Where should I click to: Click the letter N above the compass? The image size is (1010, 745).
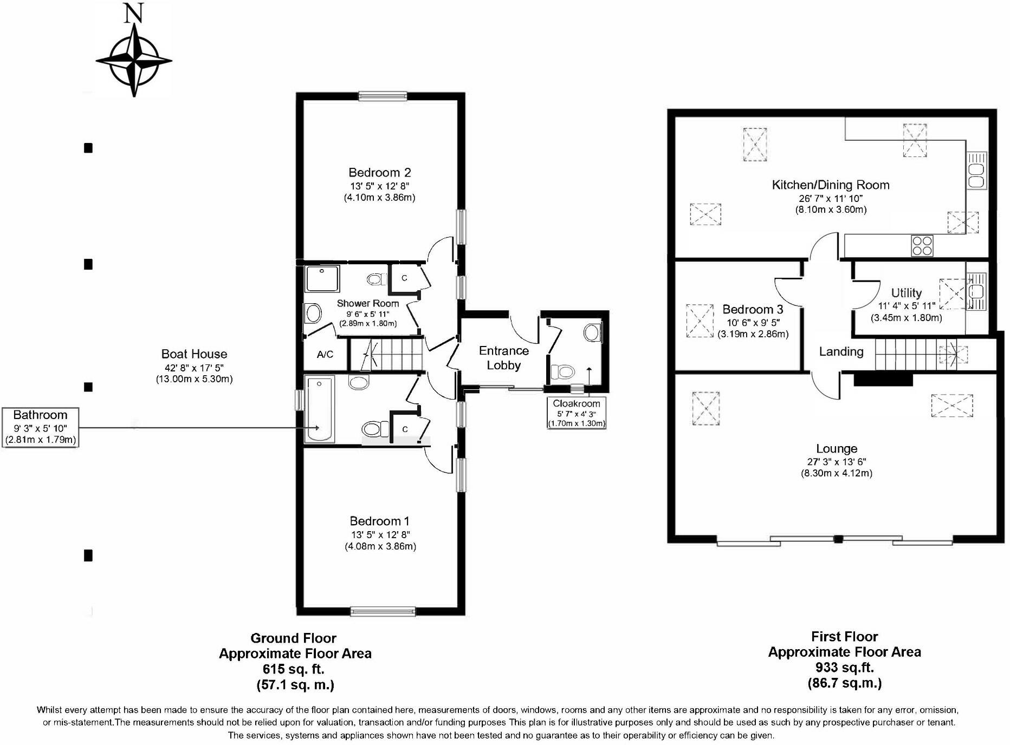tap(133, 14)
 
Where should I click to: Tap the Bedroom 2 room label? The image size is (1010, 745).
tap(379, 173)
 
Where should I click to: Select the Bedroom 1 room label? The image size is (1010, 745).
tap(379, 521)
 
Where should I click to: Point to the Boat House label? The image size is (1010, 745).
tap(194, 354)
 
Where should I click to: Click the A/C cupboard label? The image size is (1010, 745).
tap(325, 355)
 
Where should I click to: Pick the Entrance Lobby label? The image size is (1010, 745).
tap(503, 358)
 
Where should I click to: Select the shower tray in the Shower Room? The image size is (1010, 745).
tap(322, 278)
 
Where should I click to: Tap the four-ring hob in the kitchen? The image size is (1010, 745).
tap(922, 246)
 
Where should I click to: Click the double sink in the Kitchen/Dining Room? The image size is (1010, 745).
tap(976, 170)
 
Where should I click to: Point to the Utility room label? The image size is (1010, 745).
tap(907, 293)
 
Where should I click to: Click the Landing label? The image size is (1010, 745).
tap(841, 352)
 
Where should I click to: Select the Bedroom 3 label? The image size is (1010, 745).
tap(753, 310)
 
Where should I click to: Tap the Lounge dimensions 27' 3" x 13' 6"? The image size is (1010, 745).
tap(837, 462)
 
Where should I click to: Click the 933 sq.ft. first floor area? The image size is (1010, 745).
tap(844, 668)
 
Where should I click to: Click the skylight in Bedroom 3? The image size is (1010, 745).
tap(700, 321)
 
